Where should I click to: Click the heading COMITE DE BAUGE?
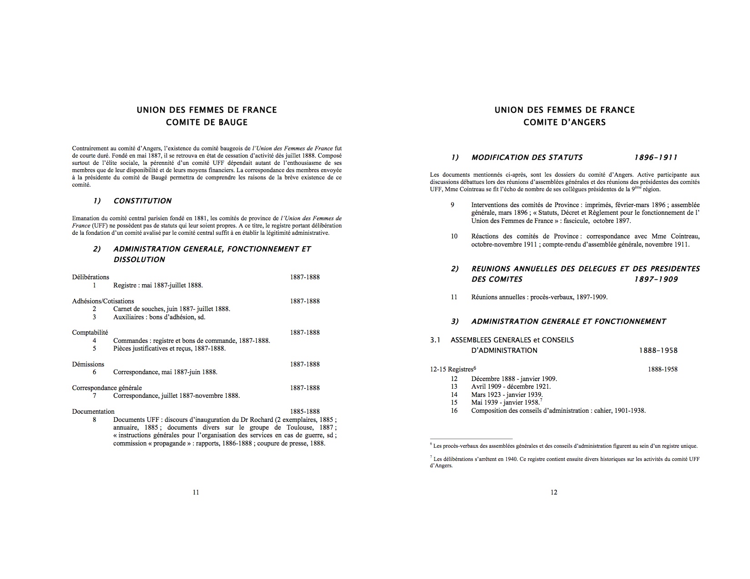click(x=206, y=122)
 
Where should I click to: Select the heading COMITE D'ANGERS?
click(x=564, y=122)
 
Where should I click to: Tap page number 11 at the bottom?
click(x=196, y=492)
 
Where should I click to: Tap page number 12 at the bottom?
click(x=554, y=492)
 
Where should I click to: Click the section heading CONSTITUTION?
click(x=142, y=201)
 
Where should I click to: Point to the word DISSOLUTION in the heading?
click(x=139, y=259)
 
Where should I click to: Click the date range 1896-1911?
click(x=655, y=158)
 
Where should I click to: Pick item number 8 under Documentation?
click(x=95, y=420)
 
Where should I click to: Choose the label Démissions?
click(x=88, y=364)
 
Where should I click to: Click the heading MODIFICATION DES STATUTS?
click(x=527, y=158)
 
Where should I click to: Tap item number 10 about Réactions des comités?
click(x=454, y=236)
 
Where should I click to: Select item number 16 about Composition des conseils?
click(x=454, y=411)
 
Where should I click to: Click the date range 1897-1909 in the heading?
click(x=655, y=279)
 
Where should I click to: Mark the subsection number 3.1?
click(x=435, y=340)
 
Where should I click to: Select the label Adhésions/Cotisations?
click(x=103, y=301)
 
